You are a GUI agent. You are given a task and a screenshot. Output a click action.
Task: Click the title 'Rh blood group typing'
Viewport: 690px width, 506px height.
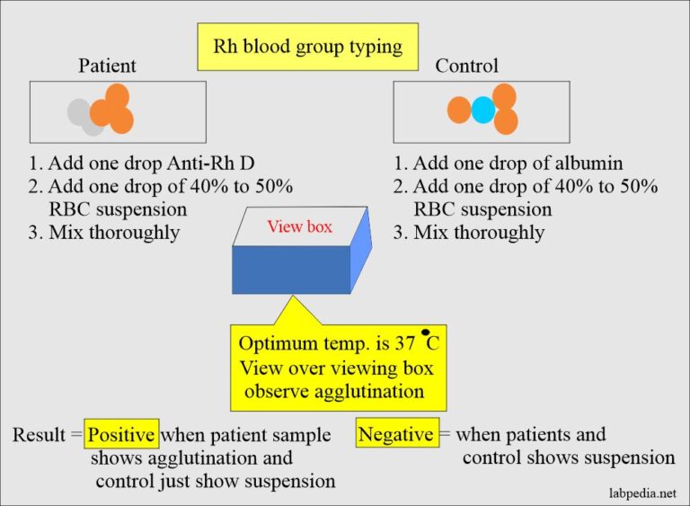pyautogui.click(x=307, y=47)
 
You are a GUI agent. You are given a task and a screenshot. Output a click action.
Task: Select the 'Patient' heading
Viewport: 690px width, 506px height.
pyautogui.click(x=108, y=67)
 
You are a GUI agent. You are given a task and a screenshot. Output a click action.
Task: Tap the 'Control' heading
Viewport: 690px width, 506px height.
pyautogui.click(x=466, y=67)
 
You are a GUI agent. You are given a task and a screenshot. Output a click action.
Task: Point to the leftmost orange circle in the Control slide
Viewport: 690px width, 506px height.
pyautogui.click(x=459, y=111)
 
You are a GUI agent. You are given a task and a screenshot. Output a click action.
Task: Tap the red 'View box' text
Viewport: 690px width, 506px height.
pyautogui.click(x=299, y=226)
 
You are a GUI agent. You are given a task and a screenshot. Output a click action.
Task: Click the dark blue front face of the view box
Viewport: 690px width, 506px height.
pyautogui.click(x=290, y=270)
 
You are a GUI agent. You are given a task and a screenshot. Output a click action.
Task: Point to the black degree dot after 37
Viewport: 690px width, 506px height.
pyautogui.click(x=424, y=333)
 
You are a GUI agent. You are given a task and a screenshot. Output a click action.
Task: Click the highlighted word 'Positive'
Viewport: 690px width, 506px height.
pyautogui.click(x=121, y=435)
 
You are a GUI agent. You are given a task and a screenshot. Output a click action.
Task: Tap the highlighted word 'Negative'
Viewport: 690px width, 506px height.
pyautogui.click(x=396, y=435)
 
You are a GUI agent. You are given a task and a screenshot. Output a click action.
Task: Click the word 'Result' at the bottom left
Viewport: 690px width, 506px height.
pyautogui.click(x=40, y=436)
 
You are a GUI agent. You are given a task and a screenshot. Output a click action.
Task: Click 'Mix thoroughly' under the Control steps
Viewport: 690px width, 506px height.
pyautogui.click(x=478, y=233)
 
